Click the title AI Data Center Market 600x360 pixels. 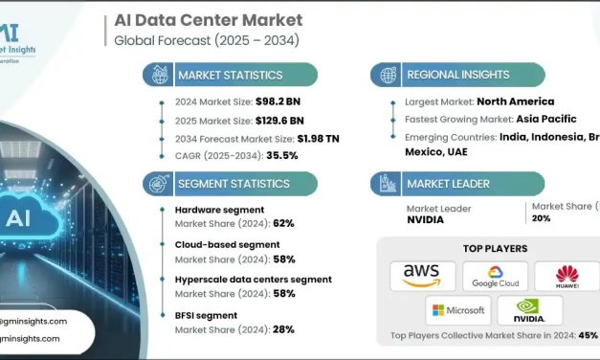click(x=208, y=19)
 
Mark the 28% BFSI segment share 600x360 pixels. click(x=282, y=329)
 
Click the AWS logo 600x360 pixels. click(x=422, y=276)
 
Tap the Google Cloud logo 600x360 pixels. click(x=495, y=276)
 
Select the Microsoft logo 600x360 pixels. click(x=458, y=310)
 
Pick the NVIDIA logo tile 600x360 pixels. click(x=530, y=310)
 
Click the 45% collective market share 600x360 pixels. click(x=588, y=336)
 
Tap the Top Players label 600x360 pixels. click(x=495, y=248)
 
